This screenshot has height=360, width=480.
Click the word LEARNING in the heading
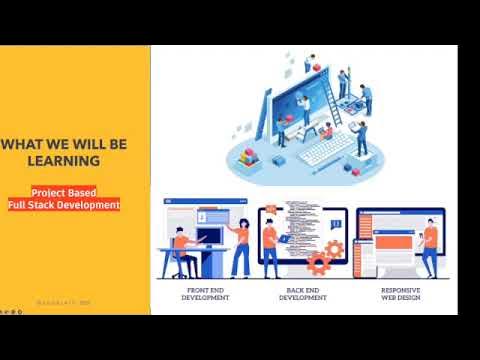point(65,160)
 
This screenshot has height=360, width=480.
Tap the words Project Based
point(64,191)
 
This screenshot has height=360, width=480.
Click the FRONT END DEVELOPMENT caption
point(207,294)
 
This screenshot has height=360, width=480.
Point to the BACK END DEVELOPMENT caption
point(303,294)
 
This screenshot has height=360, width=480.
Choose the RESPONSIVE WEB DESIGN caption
point(399,294)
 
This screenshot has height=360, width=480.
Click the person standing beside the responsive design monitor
point(430,246)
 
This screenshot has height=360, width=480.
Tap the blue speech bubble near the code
point(336,224)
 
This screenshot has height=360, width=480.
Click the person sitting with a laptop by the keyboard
point(327,131)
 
